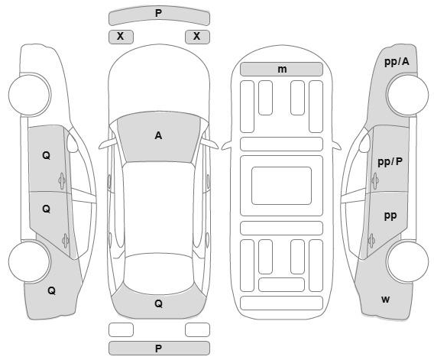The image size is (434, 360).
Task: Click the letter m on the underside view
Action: [282, 70]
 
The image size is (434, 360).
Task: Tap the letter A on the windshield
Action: [158, 136]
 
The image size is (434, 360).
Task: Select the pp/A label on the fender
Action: [397, 62]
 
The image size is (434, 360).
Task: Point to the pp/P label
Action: [390, 162]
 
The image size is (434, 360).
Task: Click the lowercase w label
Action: [386, 300]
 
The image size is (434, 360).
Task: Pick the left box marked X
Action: [121, 37]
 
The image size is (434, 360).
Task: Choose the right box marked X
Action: [197, 37]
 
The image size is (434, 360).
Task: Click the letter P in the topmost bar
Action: [158, 13]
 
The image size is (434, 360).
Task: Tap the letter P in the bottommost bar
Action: [158, 349]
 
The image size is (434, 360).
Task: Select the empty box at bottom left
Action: [121, 330]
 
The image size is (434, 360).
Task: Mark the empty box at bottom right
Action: [197, 330]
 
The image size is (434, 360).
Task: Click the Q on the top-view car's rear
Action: [158, 303]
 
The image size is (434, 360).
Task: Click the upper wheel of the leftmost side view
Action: [30, 95]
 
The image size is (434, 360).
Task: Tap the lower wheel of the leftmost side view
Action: [30, 261]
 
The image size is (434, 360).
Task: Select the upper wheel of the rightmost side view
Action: [408, 95]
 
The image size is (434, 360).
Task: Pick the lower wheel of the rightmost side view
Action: [408, 261]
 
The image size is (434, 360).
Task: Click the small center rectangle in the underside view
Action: [281, 186]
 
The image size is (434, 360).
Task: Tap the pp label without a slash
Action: [390, 216]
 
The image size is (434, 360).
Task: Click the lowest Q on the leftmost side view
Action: [51, 290]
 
